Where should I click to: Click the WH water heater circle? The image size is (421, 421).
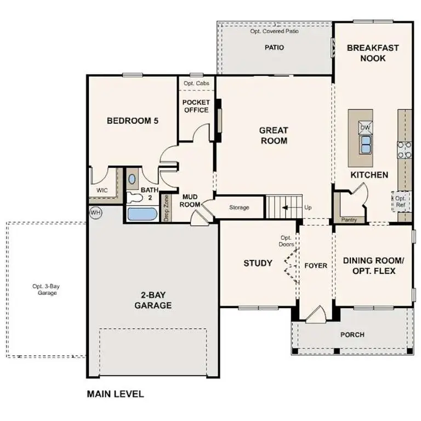(95, 212)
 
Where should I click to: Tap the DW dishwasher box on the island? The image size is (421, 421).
(365, 128)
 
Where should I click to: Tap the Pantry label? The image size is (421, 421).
(349, 220)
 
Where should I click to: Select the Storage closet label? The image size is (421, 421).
(239, 207)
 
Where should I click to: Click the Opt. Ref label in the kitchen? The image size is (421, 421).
(400, 202)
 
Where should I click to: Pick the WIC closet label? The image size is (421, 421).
(103, 190)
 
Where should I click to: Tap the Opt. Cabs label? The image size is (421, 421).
(196, 83)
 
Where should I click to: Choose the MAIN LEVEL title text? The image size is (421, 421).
(116, 394)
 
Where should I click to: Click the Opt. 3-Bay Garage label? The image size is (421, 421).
(44, 289)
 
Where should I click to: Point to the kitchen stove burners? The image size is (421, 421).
(405, 150)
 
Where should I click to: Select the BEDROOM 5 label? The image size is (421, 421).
(133, 121)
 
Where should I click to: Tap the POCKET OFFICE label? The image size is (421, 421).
(196, 106)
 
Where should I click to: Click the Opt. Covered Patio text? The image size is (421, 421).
(274, 31)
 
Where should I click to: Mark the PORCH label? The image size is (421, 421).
(352, 334)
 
